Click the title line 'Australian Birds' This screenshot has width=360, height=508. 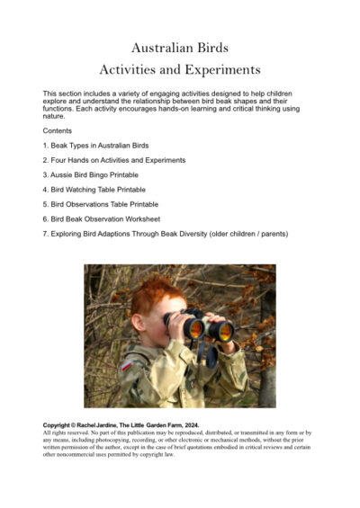coord(180,47)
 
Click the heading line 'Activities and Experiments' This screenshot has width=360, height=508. coord(180,69)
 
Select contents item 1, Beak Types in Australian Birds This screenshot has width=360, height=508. coord(96,146)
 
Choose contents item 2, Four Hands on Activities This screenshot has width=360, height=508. coord(114,160)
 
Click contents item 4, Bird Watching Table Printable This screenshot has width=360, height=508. coord(94,190)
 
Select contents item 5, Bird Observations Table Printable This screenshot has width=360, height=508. coord(101,204)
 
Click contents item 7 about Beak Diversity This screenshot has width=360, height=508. coord(166,234)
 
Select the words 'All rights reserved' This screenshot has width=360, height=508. coord(68,432)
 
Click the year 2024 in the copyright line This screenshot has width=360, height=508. coord(186,423)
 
